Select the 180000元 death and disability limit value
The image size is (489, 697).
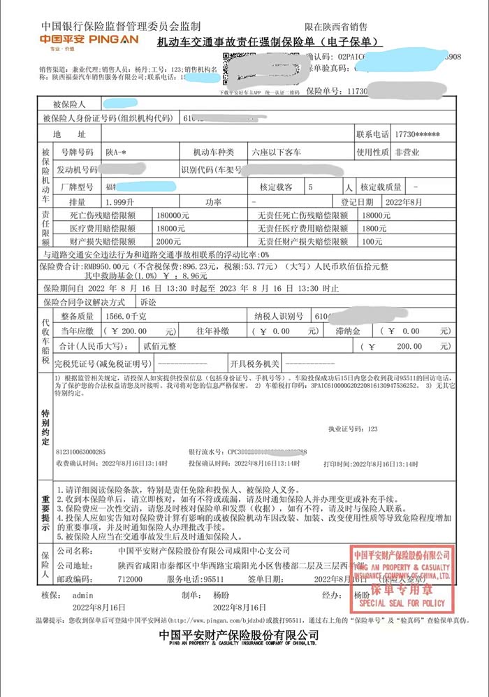[x=171, y=215]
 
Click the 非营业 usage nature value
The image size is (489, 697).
[x=409, y=152]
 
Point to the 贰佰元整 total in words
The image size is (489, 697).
[x=160, y=346]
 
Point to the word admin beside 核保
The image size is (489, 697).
[x=82, y=594]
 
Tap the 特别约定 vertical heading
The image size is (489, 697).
[x=45, y=422]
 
